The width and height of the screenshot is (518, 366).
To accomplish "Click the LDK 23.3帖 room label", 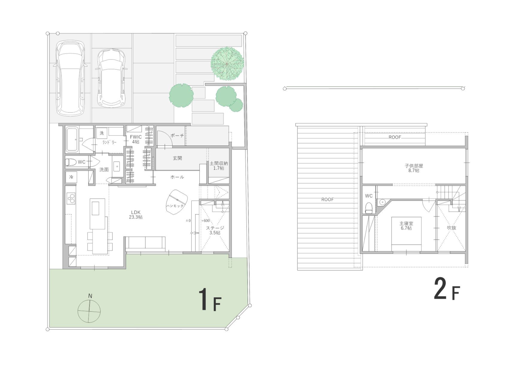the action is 136,215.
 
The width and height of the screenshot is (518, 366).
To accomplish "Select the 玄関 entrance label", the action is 177,158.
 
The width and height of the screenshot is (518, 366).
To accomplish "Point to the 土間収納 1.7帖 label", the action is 219,166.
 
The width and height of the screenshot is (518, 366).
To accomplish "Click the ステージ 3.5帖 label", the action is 215,230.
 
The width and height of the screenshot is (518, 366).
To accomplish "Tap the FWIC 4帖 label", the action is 136,139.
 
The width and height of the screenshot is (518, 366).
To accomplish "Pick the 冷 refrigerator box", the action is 71,177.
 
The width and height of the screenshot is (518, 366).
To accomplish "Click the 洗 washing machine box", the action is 102,133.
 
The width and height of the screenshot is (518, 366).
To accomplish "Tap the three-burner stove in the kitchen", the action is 71,199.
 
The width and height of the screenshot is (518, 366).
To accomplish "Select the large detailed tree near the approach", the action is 227,64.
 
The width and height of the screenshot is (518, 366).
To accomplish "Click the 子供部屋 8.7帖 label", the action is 414,168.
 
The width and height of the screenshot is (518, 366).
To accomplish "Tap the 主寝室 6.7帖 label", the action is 406,226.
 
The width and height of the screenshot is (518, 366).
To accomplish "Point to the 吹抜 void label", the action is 451,228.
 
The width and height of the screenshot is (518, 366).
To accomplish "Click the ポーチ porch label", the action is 177,135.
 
